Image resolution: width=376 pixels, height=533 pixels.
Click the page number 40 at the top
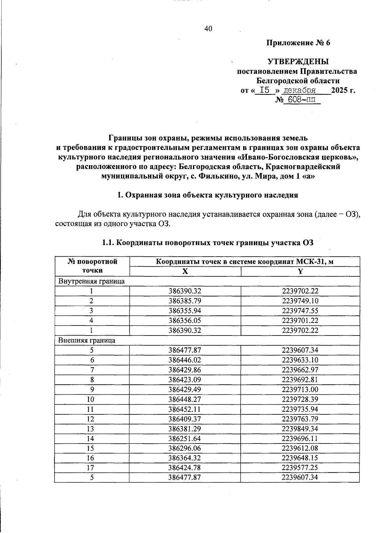pyautogui.click(x=208, y=29)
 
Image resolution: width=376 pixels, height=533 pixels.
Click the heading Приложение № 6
pyautogui.click(x=298, y=43)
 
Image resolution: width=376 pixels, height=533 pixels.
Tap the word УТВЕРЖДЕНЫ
pyautogui.click(x=298, y=61)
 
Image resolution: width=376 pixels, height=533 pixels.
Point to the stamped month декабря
pyautogui.click(x=299, y=91)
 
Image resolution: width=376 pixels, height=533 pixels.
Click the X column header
pyautogui.click(x=185, y=271)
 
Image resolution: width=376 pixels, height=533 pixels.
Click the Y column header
pyautogui.click(x=300, y=271)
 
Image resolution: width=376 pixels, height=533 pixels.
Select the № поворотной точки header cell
pyautogui.click(x=92, y=266)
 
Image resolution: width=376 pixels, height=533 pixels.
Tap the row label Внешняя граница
pyautogui.click(x=87, y=340)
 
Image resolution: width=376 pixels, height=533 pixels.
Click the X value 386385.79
pyautogui.click(x=185, y=301)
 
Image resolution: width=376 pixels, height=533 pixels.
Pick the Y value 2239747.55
pyautogui.click(x=300, y=310)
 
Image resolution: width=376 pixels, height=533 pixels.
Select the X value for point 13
pyautogui.click(x=185, y=428)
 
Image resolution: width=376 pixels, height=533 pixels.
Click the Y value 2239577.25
pyautogui.click(x=300, y=468)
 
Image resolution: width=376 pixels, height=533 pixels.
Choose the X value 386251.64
pyautogui.click(x=185, y=438)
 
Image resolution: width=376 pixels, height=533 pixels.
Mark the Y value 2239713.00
pyautogui.click(x=300, y=389)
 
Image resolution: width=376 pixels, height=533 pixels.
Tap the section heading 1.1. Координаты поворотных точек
pyautogui.click(x=208, y=243)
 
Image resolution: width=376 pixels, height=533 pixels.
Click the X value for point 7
pyautogui.click(x=185, y=370)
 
